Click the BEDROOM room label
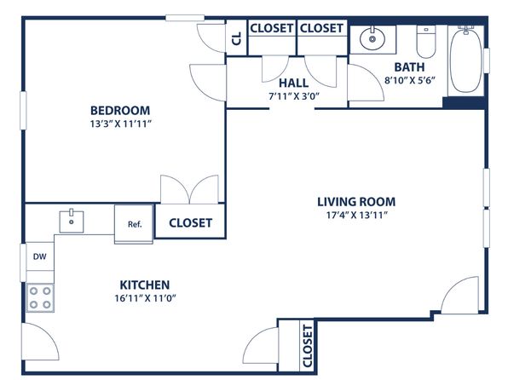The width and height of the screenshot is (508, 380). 120,111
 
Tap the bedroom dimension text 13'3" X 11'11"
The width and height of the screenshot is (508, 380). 121,124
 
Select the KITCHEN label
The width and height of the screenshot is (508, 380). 145,285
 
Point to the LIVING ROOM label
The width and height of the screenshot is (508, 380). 356,202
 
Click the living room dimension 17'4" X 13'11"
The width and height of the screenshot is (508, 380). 356,215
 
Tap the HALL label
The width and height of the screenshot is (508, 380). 293,83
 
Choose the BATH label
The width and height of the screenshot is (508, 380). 409,67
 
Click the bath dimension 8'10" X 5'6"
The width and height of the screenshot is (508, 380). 409,80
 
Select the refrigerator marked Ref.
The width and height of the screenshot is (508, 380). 134,223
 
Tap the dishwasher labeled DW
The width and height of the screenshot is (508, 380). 40,256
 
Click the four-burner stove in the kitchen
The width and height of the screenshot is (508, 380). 40,297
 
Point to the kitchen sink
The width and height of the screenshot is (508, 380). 72,222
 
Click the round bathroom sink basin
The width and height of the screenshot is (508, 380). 372,38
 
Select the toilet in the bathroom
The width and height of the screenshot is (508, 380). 426,42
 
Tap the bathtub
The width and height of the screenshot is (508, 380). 466,60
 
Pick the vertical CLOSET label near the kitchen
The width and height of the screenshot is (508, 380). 307,346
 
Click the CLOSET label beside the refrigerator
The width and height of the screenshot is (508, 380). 191,223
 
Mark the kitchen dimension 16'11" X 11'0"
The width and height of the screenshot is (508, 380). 145,298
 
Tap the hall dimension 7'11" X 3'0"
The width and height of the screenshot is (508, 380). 294,96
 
